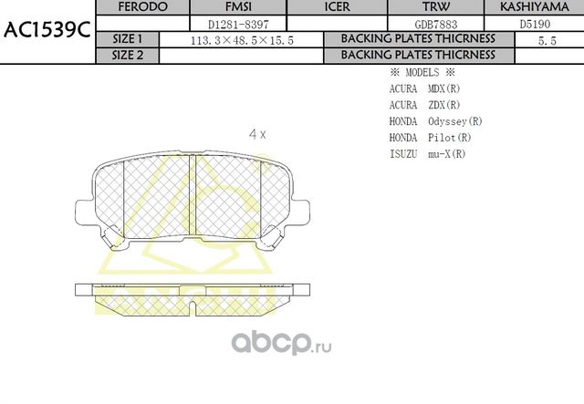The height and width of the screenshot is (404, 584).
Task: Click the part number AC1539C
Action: [x=47, y=30]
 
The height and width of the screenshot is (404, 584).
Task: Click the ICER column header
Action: [x=338, y=7]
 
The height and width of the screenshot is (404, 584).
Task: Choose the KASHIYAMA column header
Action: [x=540, y=7]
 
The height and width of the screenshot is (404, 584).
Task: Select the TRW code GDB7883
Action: [x=435, y=24]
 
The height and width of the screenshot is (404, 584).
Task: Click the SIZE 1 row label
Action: [x=127, y=39]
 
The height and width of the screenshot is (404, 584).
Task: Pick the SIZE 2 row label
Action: [x=127, y=55]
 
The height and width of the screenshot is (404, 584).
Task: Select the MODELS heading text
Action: [x=422, y=72]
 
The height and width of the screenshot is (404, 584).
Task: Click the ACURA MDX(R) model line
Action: [x=424, y=88]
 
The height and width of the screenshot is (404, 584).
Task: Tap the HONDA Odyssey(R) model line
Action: [x=435, y=121]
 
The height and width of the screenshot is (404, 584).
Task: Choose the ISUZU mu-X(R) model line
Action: [x=427, y=154]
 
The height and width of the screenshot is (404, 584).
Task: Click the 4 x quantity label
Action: [x=257, y=134]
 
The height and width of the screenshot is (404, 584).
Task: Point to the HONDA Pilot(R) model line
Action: [x=430, y=138]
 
